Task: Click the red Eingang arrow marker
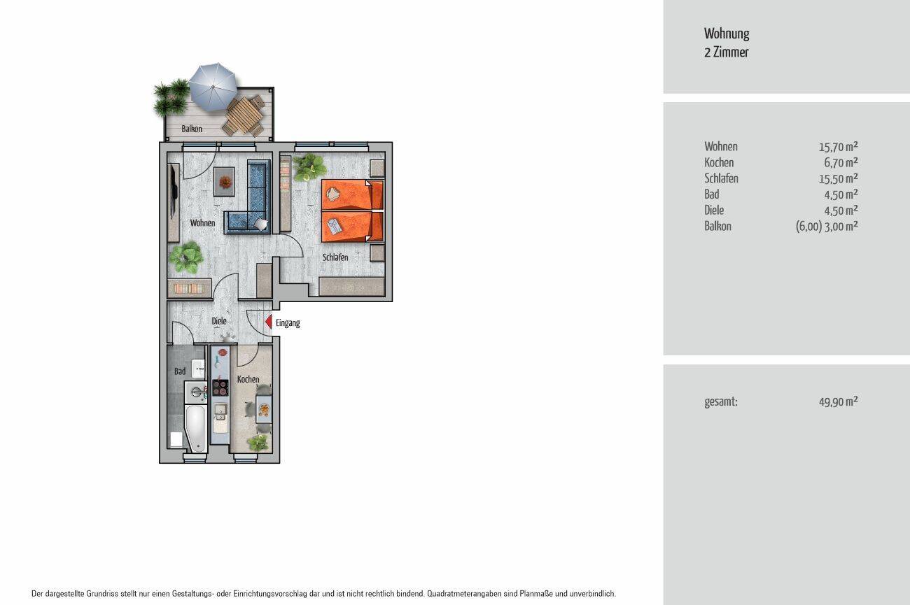tap(269, 322)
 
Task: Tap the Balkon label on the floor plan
tap(192, 129)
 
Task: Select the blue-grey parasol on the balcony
tap(213, 87)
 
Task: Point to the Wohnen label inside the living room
tap(203, 223)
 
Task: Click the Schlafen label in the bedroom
tap(335, 257)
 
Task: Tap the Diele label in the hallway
tap(219, 321)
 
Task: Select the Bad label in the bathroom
tap(180, 371)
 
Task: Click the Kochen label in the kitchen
tap(248, 379)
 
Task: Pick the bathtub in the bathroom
tap(196, 428)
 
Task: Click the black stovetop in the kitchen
tap(220, 387)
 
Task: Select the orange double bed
tap(353, 211)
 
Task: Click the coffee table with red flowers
tap(224, 182)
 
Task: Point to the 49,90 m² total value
tap(838, 401)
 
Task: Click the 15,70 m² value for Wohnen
tap(838, 146)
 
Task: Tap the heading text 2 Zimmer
tap(727, 52)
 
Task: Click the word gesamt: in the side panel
tap(721, 402)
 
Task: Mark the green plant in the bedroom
tap(309, 166)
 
